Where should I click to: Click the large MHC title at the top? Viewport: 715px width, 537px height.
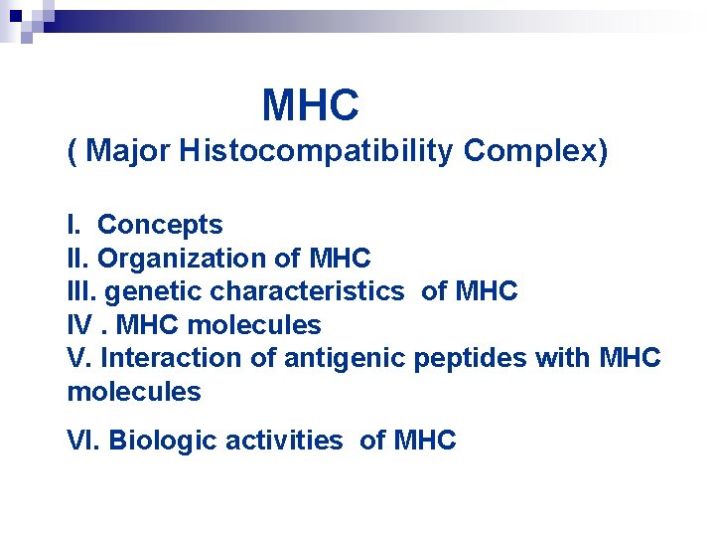(x=310, y=105)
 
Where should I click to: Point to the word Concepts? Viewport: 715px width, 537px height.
(x=160, y=226)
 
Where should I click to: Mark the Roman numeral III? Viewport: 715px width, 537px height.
(x=80, y=291)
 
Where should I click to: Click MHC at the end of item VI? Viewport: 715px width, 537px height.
(x=425, y=441)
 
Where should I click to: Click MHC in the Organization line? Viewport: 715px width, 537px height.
(x=340, y=259)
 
